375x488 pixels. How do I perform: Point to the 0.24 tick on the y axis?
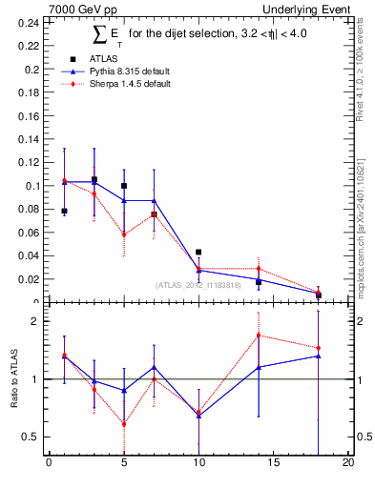click(x=30, y=21)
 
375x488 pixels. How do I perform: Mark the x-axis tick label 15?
click(x=274, y=464)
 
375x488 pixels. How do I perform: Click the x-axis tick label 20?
click(x=348, y=464)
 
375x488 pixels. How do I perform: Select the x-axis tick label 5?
click(x=124, y=464)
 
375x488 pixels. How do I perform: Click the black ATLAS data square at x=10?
click(x=198, y=253)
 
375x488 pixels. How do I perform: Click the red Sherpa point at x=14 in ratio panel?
click(x=259, y=335)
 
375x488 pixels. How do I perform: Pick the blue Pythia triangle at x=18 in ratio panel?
click(x=319, y=356)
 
